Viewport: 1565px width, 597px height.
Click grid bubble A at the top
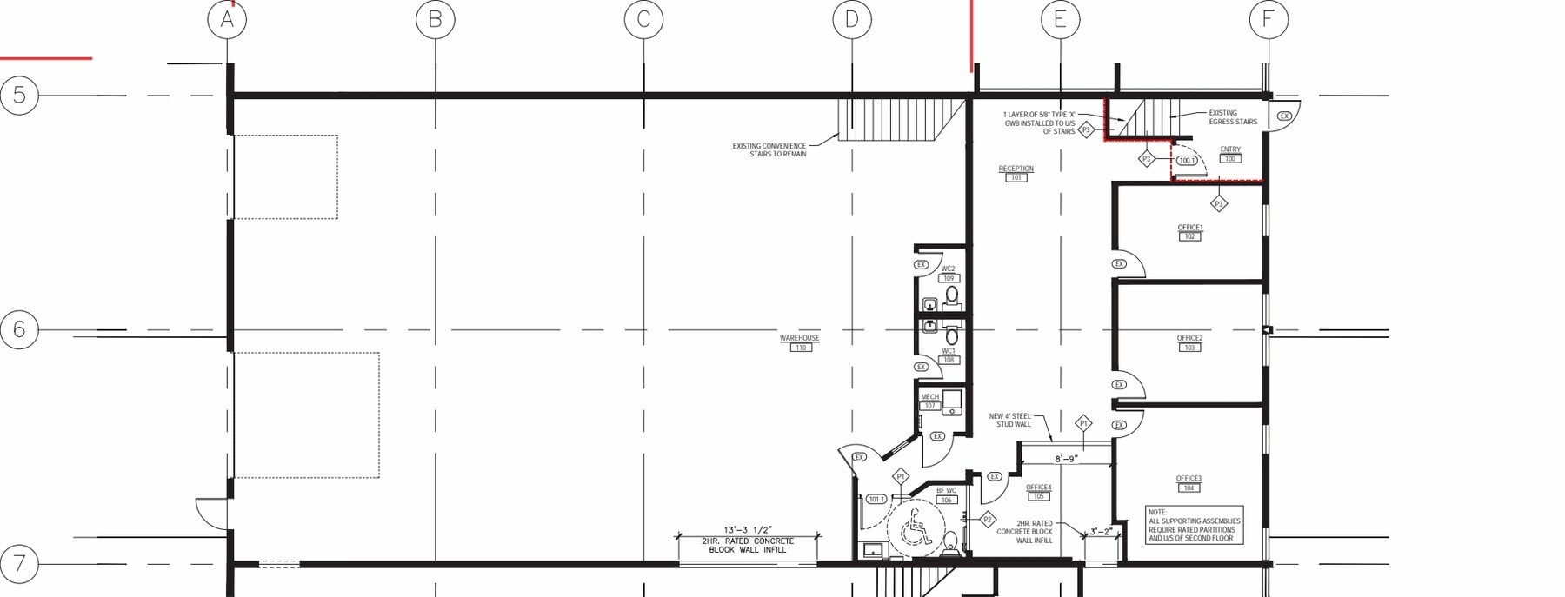pos(227,19)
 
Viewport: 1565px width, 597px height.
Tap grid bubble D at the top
pos(852,19)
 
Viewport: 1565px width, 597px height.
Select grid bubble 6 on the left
pos(19,330)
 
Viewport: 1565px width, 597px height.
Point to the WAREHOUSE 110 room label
pos(799,342)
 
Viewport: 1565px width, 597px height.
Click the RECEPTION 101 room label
pos(1016,173)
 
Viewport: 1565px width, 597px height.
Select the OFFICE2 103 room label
pos(1189,342)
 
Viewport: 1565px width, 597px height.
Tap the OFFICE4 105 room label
pos(1038,492)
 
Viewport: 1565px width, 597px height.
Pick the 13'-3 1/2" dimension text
pos(748,530)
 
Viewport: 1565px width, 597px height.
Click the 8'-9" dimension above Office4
pos(1066,458)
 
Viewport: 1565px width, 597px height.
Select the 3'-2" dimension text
pos(1101,532)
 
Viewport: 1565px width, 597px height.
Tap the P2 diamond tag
pos(987,520)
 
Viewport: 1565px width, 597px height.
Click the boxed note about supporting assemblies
pos(1194,525)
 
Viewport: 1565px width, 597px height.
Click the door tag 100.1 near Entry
pos(1187,161)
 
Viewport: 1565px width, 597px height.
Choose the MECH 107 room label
pos(929,401)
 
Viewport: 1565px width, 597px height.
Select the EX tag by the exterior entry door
pos(1284,116)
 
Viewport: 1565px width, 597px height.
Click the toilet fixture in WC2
pos(952,295)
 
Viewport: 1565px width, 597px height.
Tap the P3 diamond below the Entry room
pos(1219,203)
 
